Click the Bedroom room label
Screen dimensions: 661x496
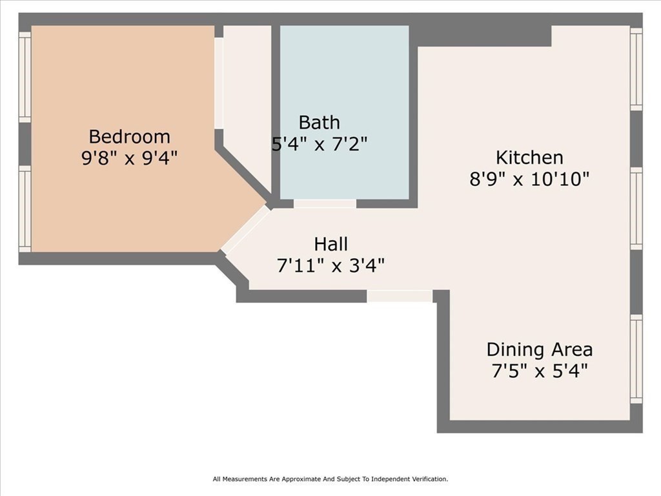point(129,137)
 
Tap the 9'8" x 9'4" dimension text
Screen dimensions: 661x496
point(129,158)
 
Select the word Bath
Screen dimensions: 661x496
point(319,123)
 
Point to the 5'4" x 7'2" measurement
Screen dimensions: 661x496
point(319,144)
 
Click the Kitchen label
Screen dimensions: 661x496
point(529,158)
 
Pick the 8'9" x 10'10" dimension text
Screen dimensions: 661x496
point(529,180)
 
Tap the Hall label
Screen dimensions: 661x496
point(331,244)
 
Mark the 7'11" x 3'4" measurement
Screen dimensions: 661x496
point(331,265)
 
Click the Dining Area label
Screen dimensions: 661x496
point(540,349)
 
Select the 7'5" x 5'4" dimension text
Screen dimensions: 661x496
point(540,371)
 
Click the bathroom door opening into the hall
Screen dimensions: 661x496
point(325,203)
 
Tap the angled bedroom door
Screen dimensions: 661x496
point(245,230)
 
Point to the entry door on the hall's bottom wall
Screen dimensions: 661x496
point(400,296)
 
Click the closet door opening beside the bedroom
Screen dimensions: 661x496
point(219,83)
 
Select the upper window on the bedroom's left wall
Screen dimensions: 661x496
point(25,77)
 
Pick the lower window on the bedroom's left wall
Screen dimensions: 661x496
point(25,209)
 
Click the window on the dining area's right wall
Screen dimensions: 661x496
point(636,359)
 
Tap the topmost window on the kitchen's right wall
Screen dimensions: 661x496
point(636,69)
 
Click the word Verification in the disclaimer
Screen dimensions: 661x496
point(431,479)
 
